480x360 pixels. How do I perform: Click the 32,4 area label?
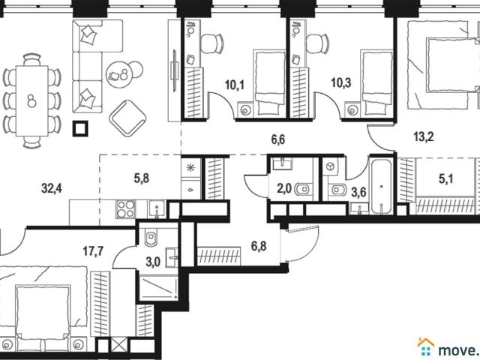pos(52,188)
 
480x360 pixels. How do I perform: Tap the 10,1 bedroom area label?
pos(235,85)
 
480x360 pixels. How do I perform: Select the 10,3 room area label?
pos(341,82)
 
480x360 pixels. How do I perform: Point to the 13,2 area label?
pos(424,136)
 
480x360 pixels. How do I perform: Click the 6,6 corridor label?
pos(278,139)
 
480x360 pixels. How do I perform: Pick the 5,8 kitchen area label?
pos(142,178)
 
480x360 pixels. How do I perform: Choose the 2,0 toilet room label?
pos(284,189)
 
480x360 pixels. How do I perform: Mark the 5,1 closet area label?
pos(445,179)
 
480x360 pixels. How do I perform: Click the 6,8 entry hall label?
pos(259,246)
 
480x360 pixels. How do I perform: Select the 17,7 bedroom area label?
pos(93,252)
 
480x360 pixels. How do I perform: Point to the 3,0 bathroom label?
pos(153,262)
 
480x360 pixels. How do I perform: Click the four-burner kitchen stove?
pos(125,209)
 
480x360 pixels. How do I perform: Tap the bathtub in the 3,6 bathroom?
pos(381,187)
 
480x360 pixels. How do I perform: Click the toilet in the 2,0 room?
pos(303,190)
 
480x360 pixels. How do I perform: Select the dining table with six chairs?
pos(31,101)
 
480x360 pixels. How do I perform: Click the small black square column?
pos(80,128)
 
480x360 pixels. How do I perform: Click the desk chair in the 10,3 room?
pos(317,43)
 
